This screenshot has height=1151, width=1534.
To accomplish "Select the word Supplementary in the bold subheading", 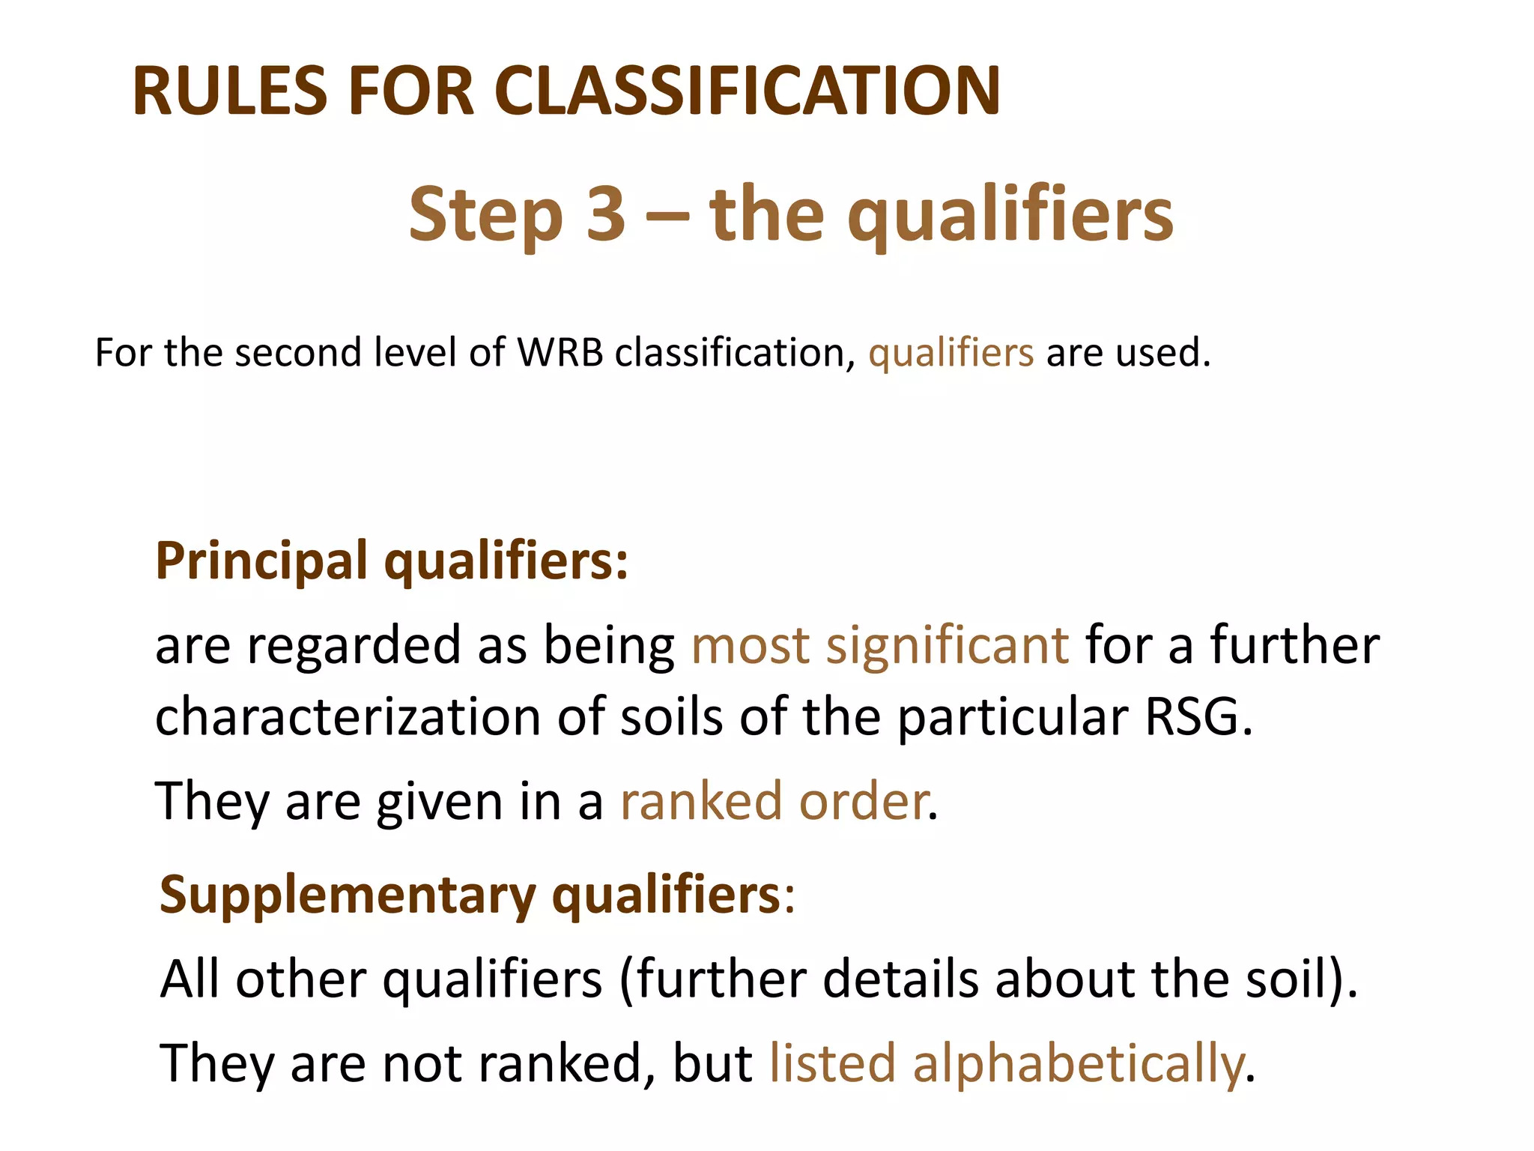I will coord(348,895).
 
